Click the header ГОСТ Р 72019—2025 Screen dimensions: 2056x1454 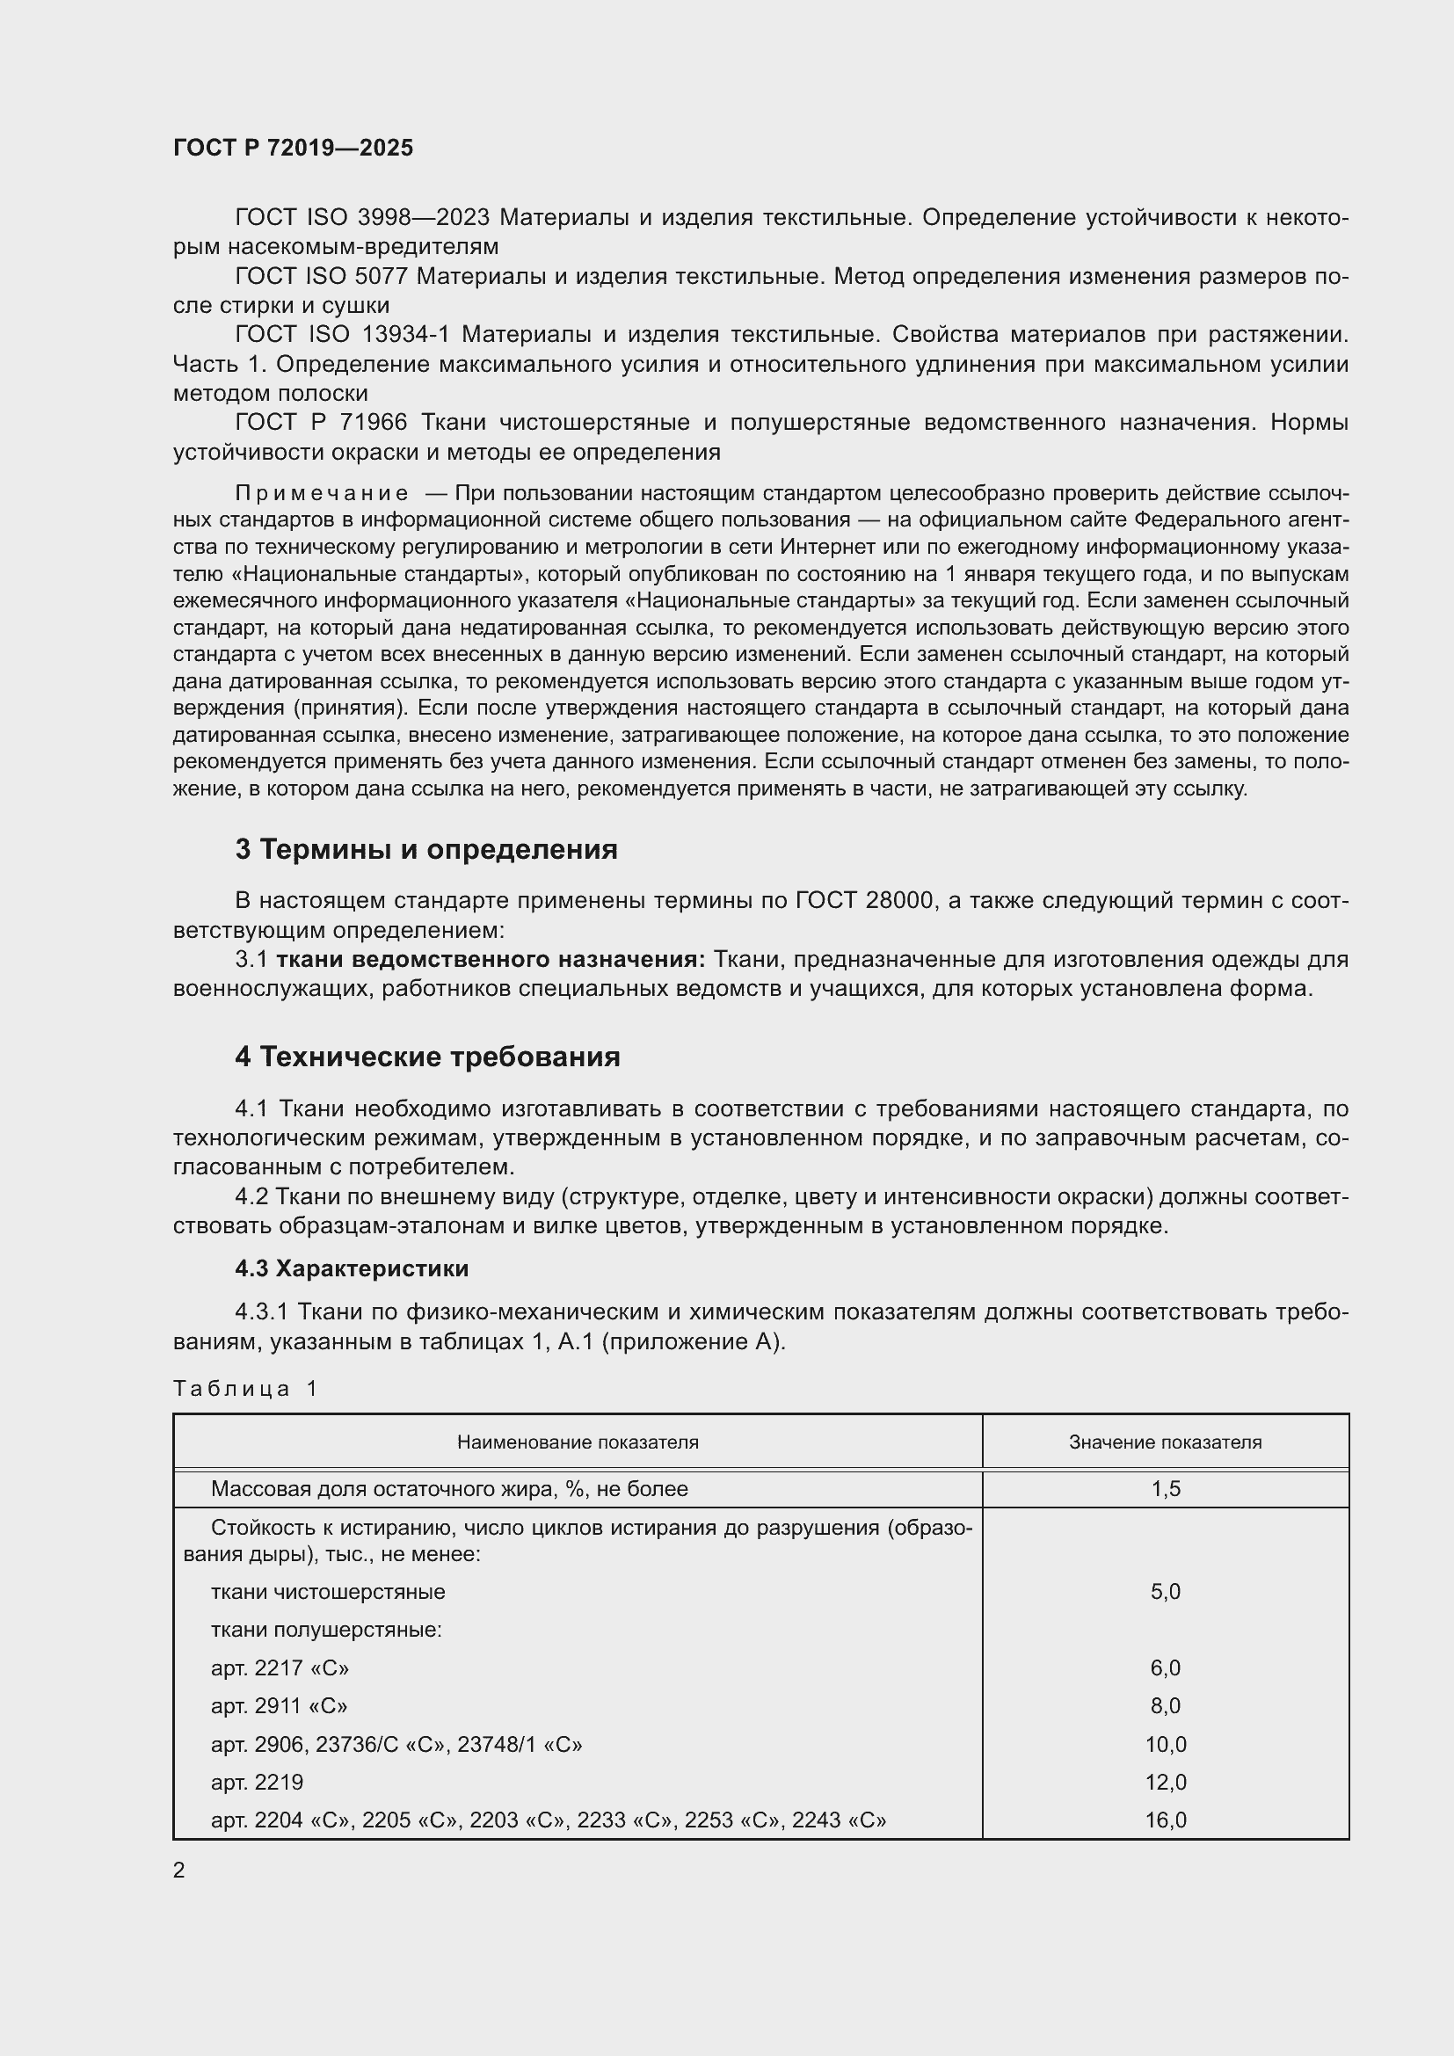(293, 148)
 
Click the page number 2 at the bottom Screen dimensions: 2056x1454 (179, 1871)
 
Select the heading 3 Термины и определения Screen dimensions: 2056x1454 (426, 849)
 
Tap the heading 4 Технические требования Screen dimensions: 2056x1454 (427, 1057)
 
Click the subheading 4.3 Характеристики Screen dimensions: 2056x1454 (352, 1269)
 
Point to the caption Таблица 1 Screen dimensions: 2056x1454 (245, 1389)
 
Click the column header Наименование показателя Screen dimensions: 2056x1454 (578, 1442)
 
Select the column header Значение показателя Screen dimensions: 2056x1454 (1165, 1442)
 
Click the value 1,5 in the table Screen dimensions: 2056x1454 (1165, 1489)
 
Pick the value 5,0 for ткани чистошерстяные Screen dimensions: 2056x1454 (1165, 1591)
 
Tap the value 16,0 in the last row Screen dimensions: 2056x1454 (1165, 1820)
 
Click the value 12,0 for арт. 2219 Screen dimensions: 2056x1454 (1165, 1782)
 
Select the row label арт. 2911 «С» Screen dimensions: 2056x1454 (280, 1706)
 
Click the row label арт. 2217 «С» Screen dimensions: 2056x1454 (280, 1668)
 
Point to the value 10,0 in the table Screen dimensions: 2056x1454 (1165, 1744)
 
